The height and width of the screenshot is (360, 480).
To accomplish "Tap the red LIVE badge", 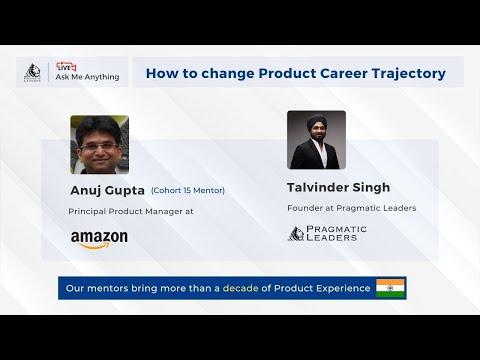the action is pos(66,67).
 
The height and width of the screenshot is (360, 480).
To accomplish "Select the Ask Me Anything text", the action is pos(87,77).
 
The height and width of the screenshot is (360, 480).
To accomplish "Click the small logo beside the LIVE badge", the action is pos(32,72).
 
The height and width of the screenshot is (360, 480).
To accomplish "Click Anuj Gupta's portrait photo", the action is pos(100,145).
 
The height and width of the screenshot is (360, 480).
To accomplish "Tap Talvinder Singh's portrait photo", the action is pos(316,140).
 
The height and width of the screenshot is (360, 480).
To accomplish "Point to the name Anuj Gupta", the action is pos(107,191).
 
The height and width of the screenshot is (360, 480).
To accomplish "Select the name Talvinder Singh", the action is pos(338,187).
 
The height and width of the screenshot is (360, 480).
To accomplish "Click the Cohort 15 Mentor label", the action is pos(188,190).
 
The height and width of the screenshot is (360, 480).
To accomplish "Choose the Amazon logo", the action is pos(99,239).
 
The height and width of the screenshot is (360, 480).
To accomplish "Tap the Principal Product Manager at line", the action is pos(131,211).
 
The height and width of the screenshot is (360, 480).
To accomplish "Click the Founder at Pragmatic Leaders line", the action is pos(352,208).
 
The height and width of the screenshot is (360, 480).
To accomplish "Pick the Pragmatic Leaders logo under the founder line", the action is pos(327,233).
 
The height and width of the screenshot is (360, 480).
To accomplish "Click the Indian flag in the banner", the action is pos(390,288).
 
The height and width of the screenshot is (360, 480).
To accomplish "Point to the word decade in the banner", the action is pos(240,288).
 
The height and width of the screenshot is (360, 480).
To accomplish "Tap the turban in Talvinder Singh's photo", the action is pos(316,122).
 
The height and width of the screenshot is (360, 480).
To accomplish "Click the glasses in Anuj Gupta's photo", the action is pos(99,147).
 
